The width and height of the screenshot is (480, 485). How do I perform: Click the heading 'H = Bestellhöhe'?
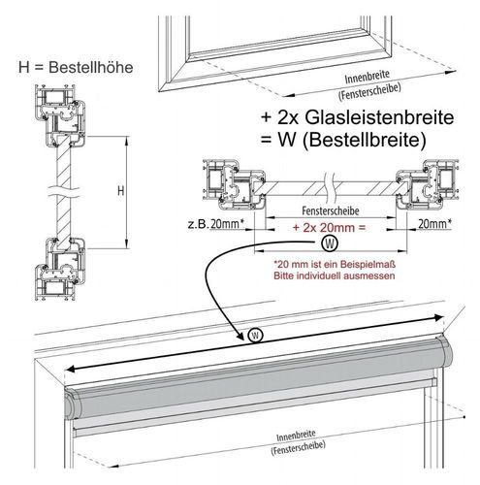[76, 67]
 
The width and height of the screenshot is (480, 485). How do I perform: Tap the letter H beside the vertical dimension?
[120, 191]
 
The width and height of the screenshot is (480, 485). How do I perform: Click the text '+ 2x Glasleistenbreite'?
[358, 117]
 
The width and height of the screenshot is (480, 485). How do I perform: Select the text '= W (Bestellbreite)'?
[343, 141]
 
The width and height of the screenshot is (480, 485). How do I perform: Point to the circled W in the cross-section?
[330, 243]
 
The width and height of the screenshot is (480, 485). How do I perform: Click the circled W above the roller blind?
[255, 336]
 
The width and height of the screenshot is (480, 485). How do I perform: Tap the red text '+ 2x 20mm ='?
[329, 228]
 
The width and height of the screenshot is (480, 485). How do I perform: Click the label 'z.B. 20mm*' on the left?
[215, 224]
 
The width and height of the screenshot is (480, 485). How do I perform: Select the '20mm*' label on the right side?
[434, 223]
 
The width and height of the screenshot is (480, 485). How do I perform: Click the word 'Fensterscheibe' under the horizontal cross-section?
[331, 211]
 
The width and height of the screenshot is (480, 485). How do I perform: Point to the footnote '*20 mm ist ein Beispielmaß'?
[335, 265]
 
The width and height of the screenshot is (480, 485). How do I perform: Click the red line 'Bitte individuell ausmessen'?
[335, 275]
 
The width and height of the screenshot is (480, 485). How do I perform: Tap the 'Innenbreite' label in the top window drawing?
[367, 77]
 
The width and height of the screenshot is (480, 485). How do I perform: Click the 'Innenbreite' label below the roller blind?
[296, 436]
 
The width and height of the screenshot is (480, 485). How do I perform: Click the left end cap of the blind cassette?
[72, 403]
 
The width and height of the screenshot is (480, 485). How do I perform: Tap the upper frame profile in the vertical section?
[61, 115]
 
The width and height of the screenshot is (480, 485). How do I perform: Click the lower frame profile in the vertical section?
[60, 269]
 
